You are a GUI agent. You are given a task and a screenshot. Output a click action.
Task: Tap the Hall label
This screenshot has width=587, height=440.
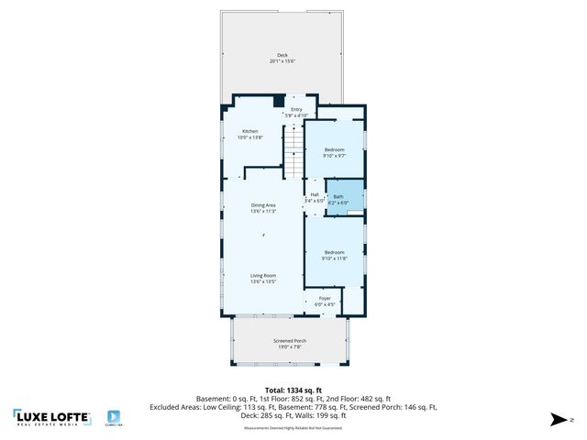(315, 194)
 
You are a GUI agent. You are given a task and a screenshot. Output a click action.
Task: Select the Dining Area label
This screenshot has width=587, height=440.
(263, 205)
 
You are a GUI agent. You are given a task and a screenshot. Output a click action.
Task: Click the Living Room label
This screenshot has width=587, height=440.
(263, 275)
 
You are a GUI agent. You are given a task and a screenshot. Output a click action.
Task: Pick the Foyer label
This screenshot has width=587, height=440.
(325, 298)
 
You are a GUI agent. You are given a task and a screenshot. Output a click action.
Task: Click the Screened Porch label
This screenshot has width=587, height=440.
(290, 340)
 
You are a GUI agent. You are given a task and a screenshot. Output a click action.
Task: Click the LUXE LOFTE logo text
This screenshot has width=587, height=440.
(53, 416)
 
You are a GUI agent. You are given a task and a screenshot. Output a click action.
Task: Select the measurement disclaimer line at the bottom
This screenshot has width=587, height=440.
(293, 427)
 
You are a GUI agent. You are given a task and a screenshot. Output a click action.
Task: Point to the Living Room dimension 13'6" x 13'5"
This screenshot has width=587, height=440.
(263, 281)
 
